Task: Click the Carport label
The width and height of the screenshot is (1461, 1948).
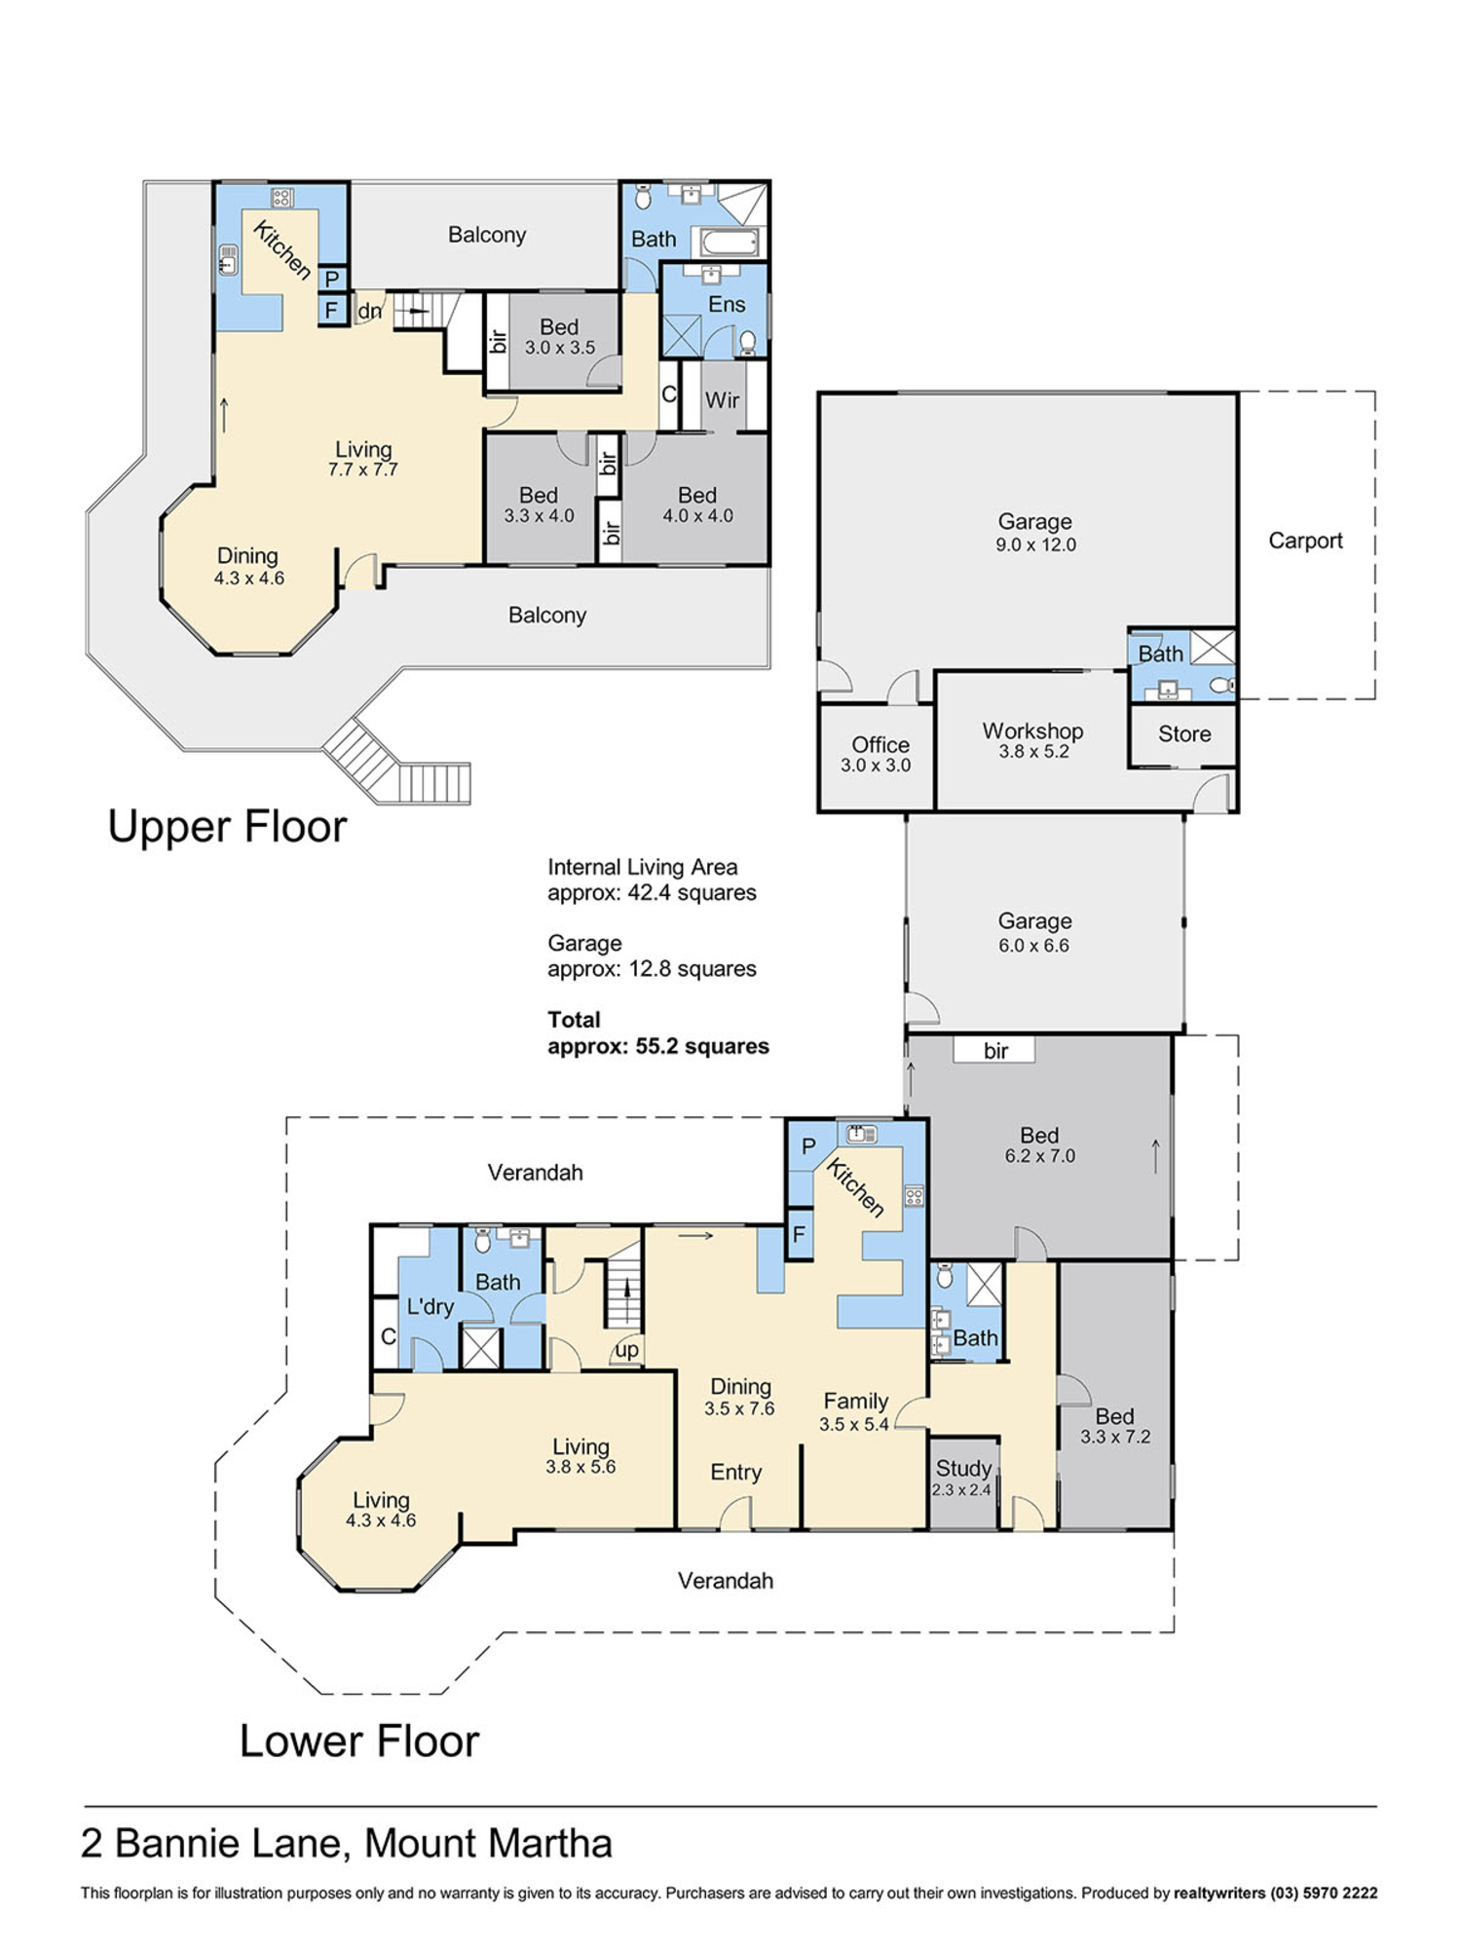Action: point(1305,541)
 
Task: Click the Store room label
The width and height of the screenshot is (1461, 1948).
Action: point(1184,733)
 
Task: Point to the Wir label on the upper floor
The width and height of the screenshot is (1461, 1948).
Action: point(722,400)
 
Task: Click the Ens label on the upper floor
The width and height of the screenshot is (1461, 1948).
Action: point(727,305)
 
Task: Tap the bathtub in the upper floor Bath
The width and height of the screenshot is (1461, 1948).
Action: point(725,242)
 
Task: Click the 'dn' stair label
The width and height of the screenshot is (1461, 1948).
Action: point(370,312)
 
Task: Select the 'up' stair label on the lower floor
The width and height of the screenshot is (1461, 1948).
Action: point(627,1350)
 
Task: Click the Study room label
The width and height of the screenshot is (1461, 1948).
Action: point(963,1468)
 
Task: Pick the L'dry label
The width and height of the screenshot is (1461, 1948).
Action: point(431,1306)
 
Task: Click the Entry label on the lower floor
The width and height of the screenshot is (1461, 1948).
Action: point(735,1472)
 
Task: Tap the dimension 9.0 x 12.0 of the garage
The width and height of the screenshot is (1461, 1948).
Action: point(1035,545)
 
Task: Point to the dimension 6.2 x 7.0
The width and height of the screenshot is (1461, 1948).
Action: point(1040,1156)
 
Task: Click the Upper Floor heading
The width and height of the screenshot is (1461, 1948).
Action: point(227,826)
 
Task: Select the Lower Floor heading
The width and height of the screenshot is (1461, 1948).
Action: point(359,1742)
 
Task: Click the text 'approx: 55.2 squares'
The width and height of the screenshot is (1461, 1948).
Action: point(658,1046)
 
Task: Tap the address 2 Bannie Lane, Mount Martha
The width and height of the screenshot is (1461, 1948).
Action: point(347,1844)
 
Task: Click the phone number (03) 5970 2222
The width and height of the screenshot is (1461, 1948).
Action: point(1323,1893)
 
